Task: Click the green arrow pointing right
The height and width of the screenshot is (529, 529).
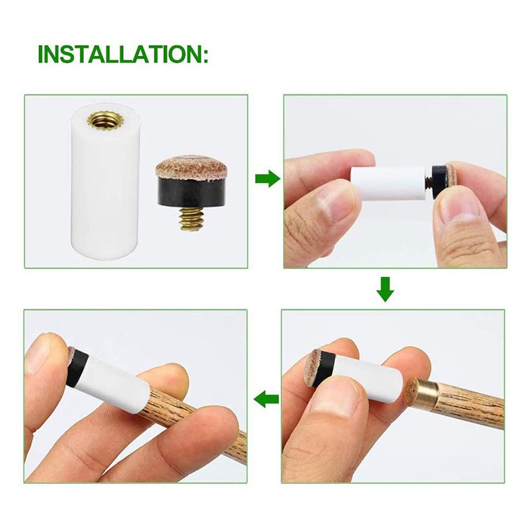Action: tap(266, 179)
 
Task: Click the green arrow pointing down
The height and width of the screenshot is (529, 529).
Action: tap(386, 288)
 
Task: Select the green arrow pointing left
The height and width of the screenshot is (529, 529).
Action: tap(266, 399)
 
